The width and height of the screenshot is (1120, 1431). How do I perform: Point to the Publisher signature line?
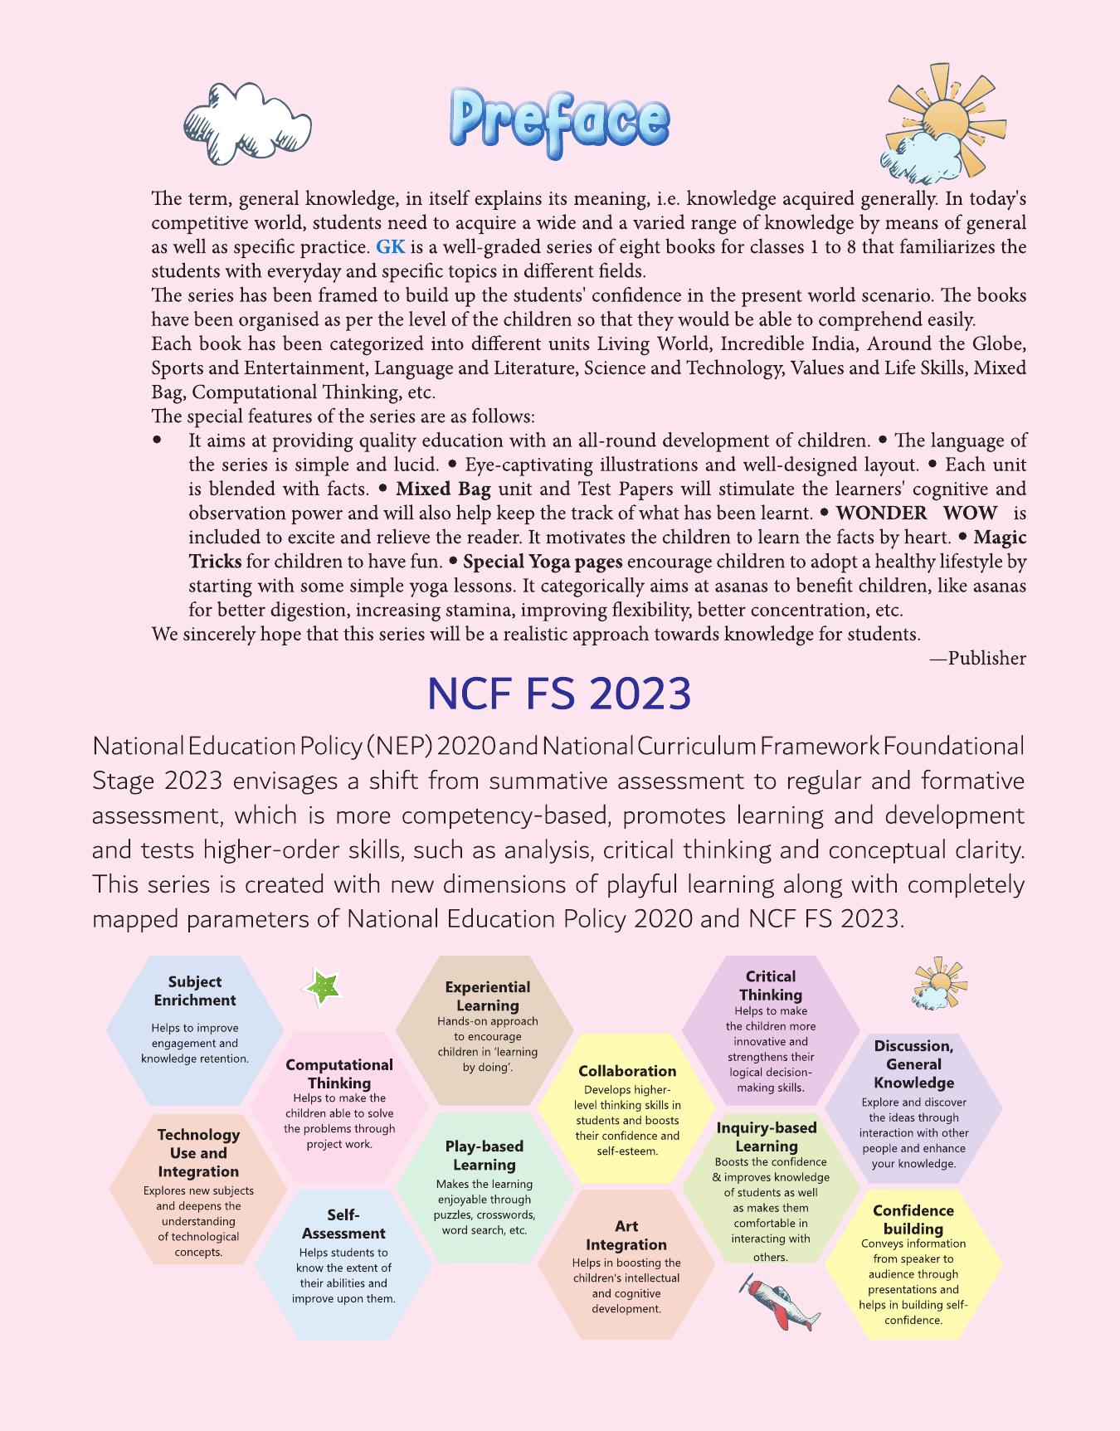pyautogui.click(x=978, y=659)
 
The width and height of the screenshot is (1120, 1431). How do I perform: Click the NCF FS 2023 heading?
pyautogui.click(x=559, y=695)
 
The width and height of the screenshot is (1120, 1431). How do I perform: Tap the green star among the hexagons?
pyautogui.click(x=322, y=987)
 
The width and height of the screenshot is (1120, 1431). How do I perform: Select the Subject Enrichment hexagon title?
pyautogui.click(x=194, y=991)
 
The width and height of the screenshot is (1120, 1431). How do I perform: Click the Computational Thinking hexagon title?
pyautogui.click(x=339, y=1073)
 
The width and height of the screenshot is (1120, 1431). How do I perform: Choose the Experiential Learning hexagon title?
pyautogui.click(x=487, y=996)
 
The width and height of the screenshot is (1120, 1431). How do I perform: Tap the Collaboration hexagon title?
pyautogui.click(x=627, y=1071)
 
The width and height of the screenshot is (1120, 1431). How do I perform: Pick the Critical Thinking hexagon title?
pyautogui.click(x=770, y=986)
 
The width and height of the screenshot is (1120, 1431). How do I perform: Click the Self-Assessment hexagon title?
pyautogui.click(x=343, y=1224)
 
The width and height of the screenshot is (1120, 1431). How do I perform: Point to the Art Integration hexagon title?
pyautogui.click(x=626, y=1235)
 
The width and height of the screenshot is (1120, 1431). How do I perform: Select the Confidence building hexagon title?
pyautogui.click(x=913, y=1219)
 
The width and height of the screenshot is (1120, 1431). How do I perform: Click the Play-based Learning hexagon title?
pyautogui.click(x=485, y=1156)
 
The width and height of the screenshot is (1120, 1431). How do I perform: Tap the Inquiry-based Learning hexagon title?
pyautogui.click(x=767, y=1137)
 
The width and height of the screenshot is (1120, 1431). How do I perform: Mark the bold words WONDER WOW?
pyautogui.click(x=917, y=514)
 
